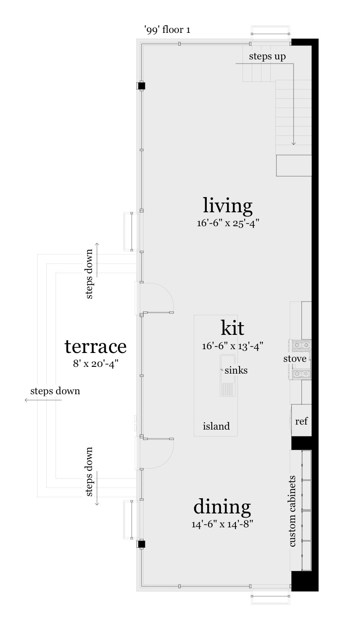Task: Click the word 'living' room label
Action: click(x=227, y=206)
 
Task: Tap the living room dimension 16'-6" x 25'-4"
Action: click(x=227, y=223)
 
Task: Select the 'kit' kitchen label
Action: click(x=232, y=328)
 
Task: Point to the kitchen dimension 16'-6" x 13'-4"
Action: click(x=232, y=346)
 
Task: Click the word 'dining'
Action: click(x=222, y=507)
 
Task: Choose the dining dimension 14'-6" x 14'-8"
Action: click(x=222, y=524)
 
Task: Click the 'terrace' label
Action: click(x=96, y=346)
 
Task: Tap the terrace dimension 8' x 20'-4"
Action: click(x=96, y=363)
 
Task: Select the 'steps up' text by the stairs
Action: click(x=267, y=56)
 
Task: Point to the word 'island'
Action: click(x=216, y=426)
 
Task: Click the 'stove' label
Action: click(x=295, y=359)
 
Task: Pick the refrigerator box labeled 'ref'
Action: click(x=301, y=421)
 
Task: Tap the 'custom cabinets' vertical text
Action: click(x=292, y=511)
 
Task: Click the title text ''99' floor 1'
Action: click(x=167, y=30)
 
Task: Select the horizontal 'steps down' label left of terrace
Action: click(x=55, y=391)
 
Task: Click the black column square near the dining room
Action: click(x=141, y=544)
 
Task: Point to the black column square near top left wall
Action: click(x=141, y=86)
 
